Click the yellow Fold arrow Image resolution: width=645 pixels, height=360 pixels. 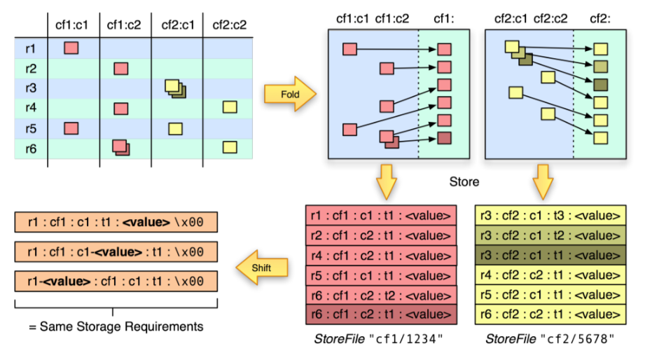pos(289,94)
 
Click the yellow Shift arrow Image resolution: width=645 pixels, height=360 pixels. pos(262,265)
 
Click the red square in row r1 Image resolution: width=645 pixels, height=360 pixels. pos(70,48)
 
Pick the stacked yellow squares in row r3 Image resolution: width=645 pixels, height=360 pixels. pos(174,88)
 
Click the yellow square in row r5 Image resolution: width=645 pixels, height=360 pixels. pos(175,128)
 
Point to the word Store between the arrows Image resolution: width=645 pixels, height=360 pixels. pos(464,183)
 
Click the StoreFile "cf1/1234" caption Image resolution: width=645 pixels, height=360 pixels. pos(381,340)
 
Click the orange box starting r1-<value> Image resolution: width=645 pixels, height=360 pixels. pos(116,282)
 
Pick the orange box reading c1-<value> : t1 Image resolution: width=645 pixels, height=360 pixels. pos(116,252)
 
